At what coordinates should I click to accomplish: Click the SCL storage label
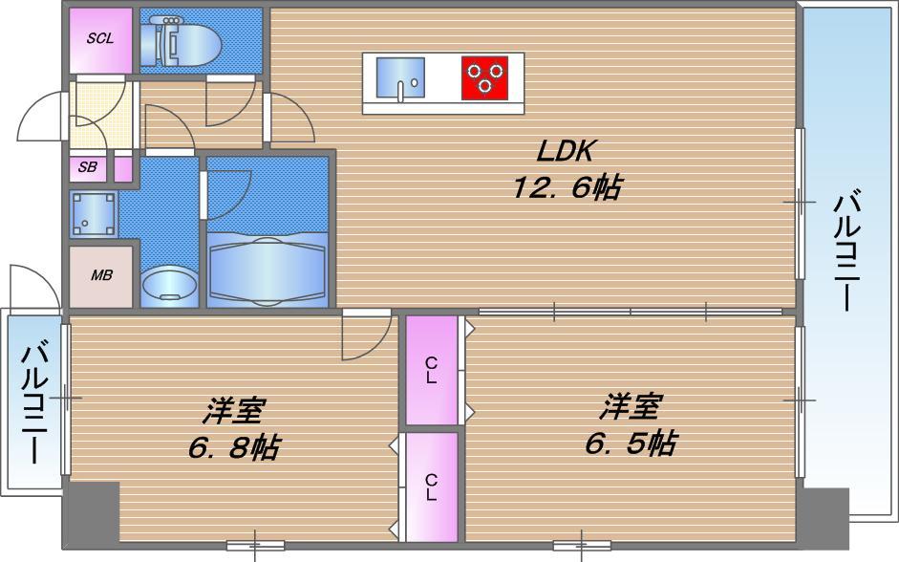click(x=100, y=38)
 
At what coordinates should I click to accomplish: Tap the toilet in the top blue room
click(x=182, y=39)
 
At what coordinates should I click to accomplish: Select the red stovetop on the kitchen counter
click(x=485, y=77)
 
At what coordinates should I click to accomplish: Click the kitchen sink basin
click(x=400, y=77)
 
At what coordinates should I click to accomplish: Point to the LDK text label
click(x=565, y=151)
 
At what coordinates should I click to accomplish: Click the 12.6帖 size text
click(x=566, y=187)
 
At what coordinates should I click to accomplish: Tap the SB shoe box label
click(x=88, y=167)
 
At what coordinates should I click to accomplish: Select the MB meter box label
click(x=101, y=275)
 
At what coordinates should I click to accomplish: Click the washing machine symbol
click(x=94, y=214)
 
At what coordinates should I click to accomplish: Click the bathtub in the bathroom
click(x=268, y=267)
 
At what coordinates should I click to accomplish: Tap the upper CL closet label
click(x=431, y=370)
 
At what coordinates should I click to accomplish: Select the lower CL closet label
click(x=431, y=487)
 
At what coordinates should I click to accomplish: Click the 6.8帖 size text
click(x=234, y=447)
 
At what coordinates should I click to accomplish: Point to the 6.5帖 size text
click(x=631, y=443)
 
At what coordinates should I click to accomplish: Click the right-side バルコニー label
click(x=847, y=252)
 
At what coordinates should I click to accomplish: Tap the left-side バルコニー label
click(x=35, y=403)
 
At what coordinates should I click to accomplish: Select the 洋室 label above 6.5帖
click(x=631, y=406)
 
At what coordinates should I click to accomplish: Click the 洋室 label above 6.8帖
click(x=234, y=411)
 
